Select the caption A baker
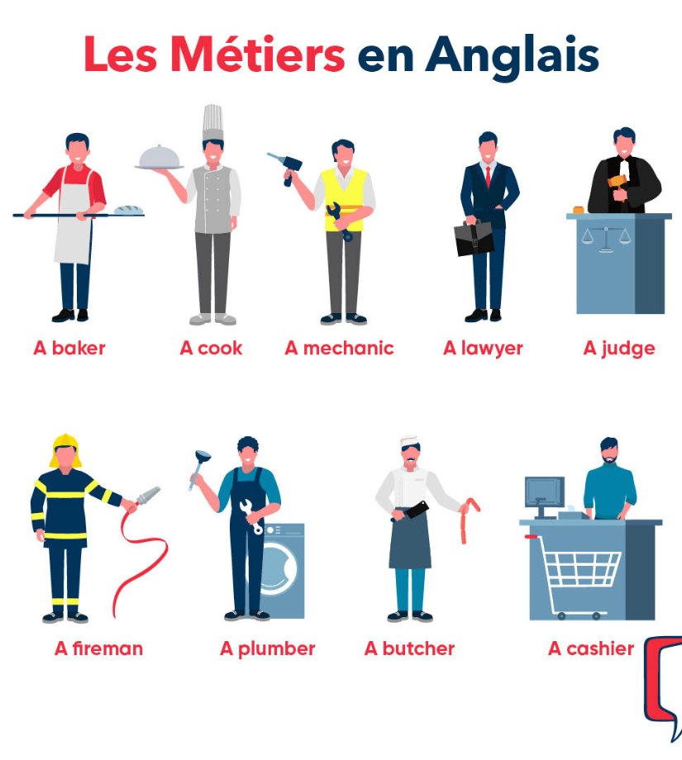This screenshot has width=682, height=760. coord(69,348)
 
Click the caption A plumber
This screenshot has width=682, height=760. coord(267,648)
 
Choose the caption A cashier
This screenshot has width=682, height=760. coord(591,648)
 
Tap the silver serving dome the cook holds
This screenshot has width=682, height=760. coord(160,157)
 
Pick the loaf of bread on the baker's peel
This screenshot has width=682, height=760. coord(128,211)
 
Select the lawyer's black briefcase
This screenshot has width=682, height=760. coord(473,237)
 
